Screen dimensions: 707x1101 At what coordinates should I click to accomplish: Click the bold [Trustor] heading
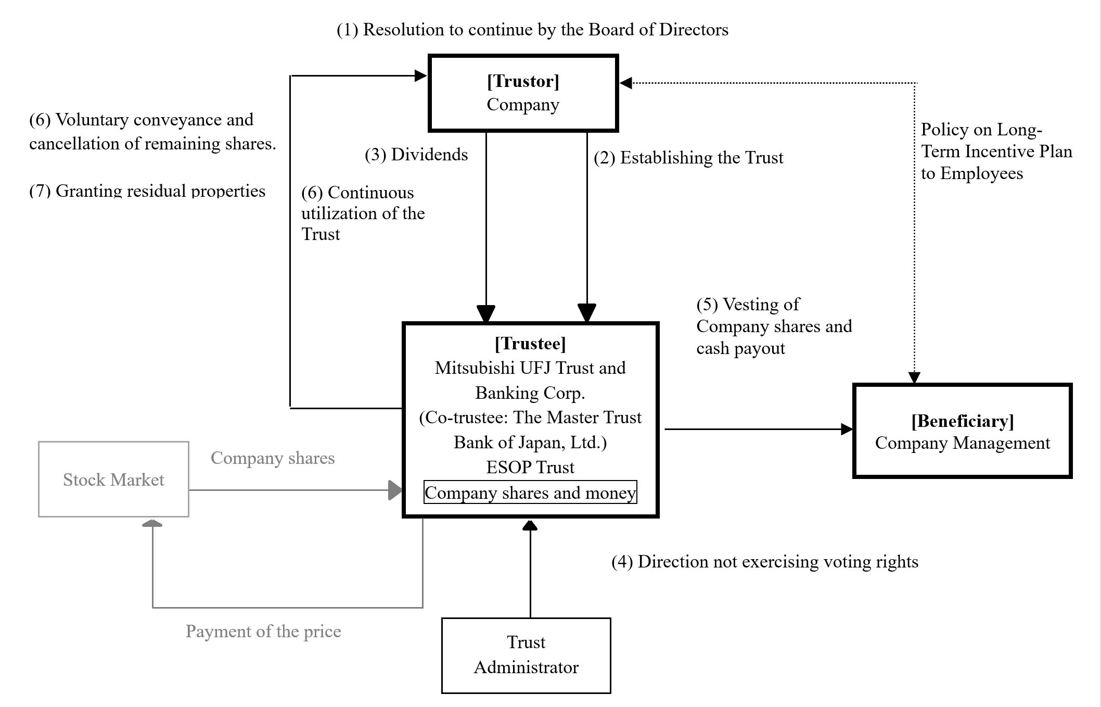(x=523, y=81)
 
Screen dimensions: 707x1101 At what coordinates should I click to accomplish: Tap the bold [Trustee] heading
(x=530, y=344)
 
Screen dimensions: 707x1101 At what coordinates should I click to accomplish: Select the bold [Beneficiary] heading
(x=962, y=421)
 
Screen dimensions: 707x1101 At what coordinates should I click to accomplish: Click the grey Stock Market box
(x=113, y=479)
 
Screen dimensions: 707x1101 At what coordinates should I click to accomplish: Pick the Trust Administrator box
(x=526, y=655)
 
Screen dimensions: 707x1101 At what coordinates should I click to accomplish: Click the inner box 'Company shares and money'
(x=530, y=493)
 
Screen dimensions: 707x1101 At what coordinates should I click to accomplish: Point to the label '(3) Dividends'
(x=416, y=155)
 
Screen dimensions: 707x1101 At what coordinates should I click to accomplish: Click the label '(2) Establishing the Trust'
(x=688, y=158)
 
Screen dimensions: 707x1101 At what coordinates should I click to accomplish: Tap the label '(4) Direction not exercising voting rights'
(x=764, y=562)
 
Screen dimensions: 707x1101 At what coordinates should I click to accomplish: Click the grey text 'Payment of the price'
(x=263, y=632)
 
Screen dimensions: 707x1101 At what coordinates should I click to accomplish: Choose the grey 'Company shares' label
(x=273, y=458)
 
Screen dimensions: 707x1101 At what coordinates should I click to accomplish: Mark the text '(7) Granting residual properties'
(x=147, y=191)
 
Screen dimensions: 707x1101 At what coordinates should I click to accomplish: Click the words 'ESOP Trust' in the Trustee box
(x=530, y=467)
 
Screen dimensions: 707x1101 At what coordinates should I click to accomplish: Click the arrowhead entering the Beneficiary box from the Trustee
(x=847, y=430)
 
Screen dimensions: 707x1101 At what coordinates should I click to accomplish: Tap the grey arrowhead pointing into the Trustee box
(x=395, y=490)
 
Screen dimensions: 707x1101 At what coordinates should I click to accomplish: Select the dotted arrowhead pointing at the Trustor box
(x=626, y=83)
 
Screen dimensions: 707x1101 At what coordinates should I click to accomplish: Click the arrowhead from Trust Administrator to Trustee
(x=530, y=525)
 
